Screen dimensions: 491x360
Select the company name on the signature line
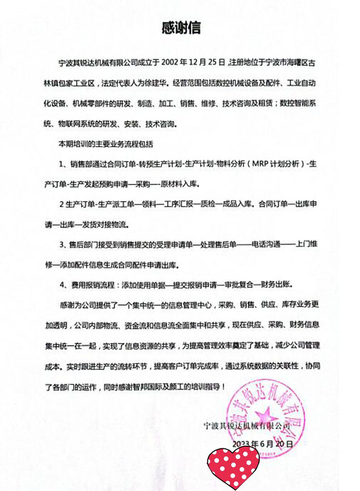pos(247,426)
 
